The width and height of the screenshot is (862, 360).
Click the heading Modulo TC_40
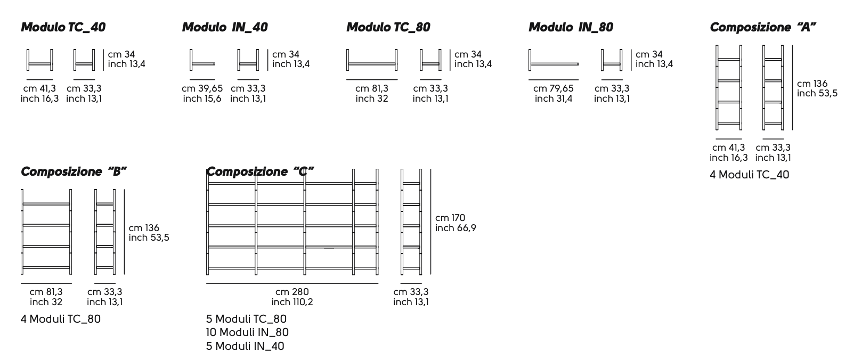(63, 27)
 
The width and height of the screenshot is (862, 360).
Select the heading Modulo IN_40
(225, 27)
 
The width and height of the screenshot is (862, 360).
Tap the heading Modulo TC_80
(388, 27)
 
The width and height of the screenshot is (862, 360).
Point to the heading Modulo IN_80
(571, 27)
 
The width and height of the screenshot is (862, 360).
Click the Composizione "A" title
(763, 27)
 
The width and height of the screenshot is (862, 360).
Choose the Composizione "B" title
(74, 171)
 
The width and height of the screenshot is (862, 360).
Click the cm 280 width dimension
(292, 292)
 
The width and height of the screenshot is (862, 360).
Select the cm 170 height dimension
(450, 218)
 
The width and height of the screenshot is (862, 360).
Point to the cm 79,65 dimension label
(554, 88)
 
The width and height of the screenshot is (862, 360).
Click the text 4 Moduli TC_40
(749, 175)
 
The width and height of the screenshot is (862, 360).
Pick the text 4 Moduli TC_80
(61, 319)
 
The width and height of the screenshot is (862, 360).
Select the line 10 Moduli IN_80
(247, 332)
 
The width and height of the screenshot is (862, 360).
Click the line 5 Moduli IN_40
(245, 346)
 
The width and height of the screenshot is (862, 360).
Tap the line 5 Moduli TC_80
(246, 319)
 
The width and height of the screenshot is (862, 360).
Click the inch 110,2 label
(292, 302)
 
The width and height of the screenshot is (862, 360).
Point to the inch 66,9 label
(456, 228)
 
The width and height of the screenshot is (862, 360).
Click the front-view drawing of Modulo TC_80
(372, 60)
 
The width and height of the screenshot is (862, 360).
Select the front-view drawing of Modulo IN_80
(554, 60)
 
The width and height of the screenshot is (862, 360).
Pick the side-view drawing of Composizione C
(411, 224)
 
